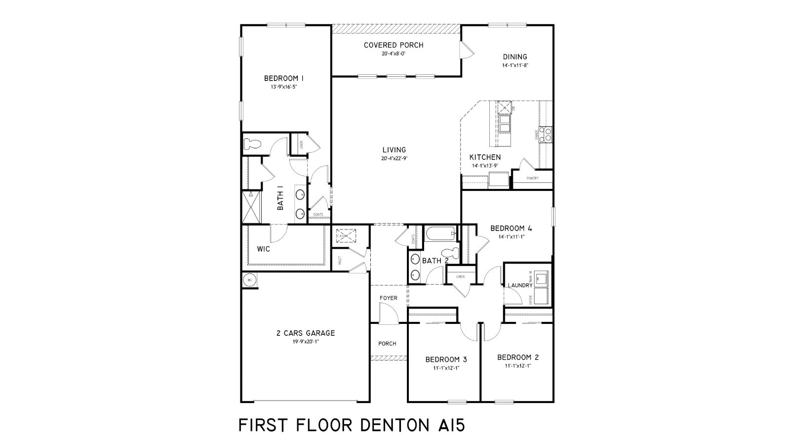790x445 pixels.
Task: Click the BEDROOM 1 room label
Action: coord(283,78)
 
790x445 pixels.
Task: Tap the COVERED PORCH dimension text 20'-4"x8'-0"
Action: coord(394,54)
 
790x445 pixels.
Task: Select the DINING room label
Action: coord(515,57)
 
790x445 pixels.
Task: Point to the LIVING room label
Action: coord(394,150)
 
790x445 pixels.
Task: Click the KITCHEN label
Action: coord(484,157)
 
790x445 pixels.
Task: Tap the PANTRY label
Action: coord(532,178)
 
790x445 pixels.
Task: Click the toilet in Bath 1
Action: coord(252,144)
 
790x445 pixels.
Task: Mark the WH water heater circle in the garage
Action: coord(249,280)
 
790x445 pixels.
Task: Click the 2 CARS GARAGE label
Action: coord(305,333)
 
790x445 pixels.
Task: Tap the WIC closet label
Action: coord(263,249)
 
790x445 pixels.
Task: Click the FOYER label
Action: coord(388,298)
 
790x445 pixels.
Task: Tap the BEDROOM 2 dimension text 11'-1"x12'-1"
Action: coord(517,366)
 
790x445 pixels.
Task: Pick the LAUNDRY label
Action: coord(520,285)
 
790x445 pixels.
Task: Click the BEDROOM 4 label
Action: coord(511,228)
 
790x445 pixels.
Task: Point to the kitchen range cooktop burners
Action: coord(545,134)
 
